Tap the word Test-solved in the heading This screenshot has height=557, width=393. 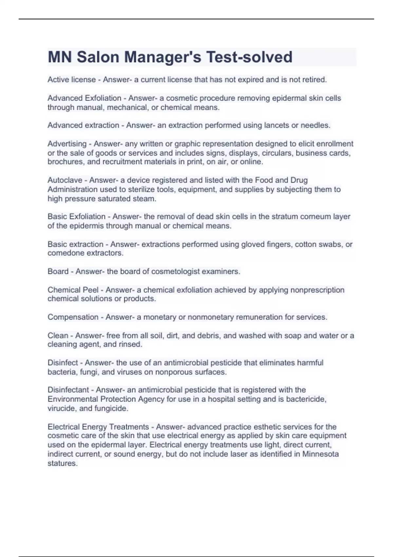pyautogui.click(x=249, y=57)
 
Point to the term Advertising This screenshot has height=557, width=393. pyautogui.click(x=67, y=144)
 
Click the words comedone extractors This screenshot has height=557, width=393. pyautogui.click(x=85, y=253)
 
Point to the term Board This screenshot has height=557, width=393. pyautogui.click(x=58, y=272)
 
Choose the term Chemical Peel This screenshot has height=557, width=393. pyautogui.click(x=73, y=290)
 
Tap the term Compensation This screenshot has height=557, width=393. pyautogui.click(x=73, y=317)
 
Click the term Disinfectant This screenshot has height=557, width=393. pyautogui.click(x=68, y=390)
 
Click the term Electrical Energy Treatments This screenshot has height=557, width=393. pyautogui.click(x=98, y=427)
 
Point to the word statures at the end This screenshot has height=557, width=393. pyautogui.click(x=62, y=464)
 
